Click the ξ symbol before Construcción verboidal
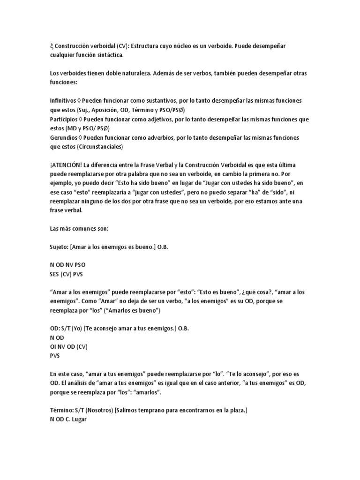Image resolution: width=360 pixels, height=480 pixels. coord(51,46)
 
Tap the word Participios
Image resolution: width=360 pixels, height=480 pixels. coord(63,120)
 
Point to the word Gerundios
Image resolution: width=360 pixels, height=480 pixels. coord(63,138)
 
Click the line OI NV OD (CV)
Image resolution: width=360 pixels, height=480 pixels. coord(68,346)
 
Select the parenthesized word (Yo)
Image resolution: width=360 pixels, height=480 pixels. coord(83,328)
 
